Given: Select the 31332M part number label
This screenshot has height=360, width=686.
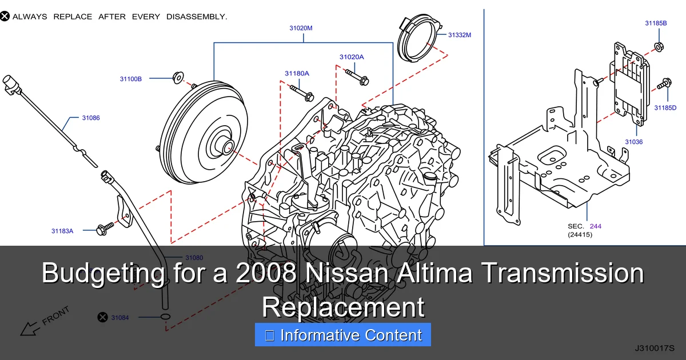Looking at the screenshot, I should [x=459, y=35].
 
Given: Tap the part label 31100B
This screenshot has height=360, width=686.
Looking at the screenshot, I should [x=130, y=79].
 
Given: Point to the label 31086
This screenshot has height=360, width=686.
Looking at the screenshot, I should [x=90, y=118].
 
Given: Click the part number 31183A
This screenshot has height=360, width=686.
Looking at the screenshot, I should [x=62, y=231].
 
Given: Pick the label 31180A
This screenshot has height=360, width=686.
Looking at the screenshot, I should [x=297, y=73].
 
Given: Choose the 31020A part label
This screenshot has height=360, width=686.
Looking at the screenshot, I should [x=351, y=57].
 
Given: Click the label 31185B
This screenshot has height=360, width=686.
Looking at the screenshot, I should [x=656, y=23].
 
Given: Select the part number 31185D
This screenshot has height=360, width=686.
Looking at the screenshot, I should [x=665, y=107].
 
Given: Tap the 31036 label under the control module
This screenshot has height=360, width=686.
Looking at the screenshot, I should [x=633, y=142].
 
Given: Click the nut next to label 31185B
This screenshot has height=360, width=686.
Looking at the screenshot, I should [x=657, y=46].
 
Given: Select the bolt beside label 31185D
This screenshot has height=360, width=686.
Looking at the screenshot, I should [x=664, y=84].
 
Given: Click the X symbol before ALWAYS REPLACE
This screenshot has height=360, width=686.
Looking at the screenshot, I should [x=5, y=17].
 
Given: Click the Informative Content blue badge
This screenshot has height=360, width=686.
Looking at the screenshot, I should [x=342, y=335].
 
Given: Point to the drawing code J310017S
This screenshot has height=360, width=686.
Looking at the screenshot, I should [x=654, y=347].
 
